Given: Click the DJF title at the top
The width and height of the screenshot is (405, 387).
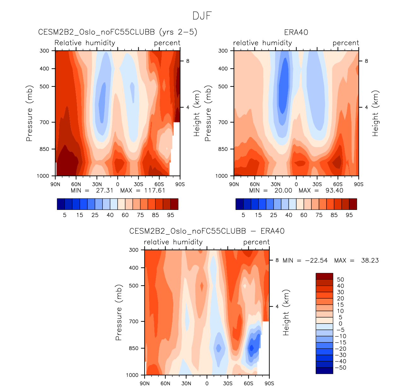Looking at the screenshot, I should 202,16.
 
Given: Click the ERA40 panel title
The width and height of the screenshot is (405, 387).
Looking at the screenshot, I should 296,33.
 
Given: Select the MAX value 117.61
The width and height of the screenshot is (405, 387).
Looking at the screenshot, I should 154,190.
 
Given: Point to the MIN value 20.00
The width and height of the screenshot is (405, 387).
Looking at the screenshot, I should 283,190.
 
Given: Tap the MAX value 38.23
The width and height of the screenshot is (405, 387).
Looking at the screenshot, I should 370,260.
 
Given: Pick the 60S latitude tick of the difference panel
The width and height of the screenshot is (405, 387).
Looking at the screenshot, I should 248,383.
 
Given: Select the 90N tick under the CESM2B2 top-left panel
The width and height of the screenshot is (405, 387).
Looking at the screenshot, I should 55,184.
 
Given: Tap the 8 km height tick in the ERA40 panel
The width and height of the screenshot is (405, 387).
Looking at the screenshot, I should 366,61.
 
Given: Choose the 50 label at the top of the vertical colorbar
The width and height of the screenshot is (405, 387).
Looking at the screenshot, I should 340,279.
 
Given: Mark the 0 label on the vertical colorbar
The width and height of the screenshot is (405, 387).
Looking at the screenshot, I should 340,324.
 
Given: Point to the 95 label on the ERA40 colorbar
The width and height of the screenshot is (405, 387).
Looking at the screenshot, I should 349,215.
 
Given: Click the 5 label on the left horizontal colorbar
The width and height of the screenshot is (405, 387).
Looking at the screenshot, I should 65,215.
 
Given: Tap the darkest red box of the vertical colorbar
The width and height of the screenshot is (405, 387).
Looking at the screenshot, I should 324,276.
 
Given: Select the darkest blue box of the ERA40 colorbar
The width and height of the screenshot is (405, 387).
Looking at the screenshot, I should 240,204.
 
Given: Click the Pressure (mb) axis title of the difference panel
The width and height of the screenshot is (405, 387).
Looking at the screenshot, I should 119,313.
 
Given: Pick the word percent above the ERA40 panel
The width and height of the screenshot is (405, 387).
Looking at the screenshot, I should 346,43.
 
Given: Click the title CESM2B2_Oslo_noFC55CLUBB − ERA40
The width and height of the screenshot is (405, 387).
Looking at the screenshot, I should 207,231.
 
